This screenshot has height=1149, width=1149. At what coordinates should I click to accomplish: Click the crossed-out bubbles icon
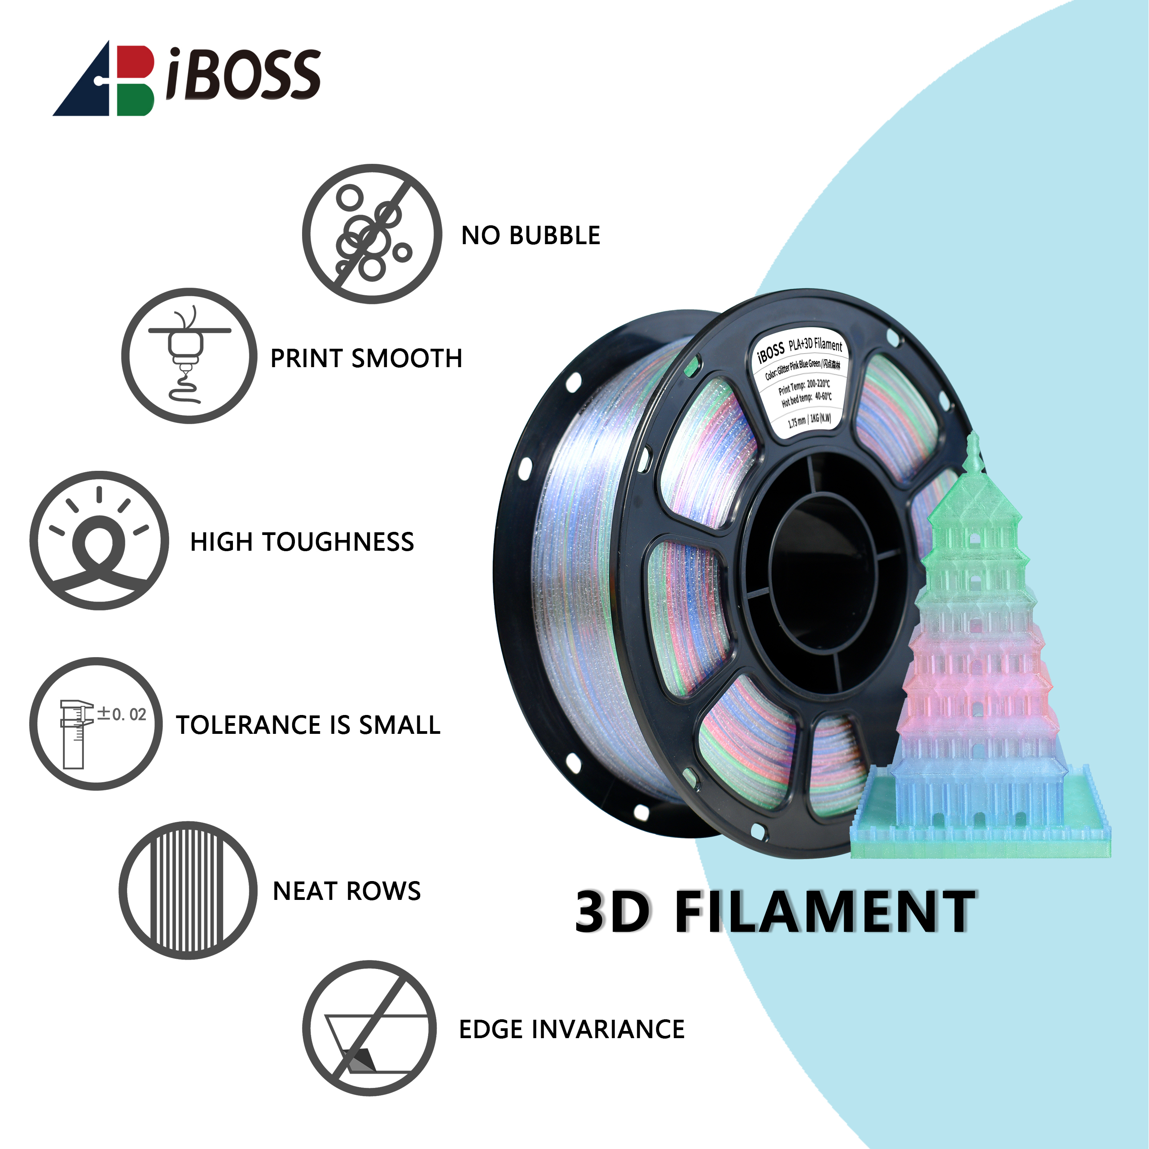(372, 234)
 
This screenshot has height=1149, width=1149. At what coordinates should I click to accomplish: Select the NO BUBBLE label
(531, 236)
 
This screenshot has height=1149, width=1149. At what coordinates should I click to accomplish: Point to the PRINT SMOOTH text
(366, 359)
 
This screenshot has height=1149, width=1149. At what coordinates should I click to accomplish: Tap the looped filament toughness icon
(99, 540)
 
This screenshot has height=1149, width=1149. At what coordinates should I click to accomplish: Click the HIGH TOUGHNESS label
(302, 542)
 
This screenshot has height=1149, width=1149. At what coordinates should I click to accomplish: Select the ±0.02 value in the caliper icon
(122, 714)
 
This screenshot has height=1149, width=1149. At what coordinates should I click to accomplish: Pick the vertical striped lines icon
(188, 890)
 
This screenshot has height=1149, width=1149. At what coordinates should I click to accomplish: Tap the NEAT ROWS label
(347, 891)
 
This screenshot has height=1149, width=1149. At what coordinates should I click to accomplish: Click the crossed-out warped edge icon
(369, 1028)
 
